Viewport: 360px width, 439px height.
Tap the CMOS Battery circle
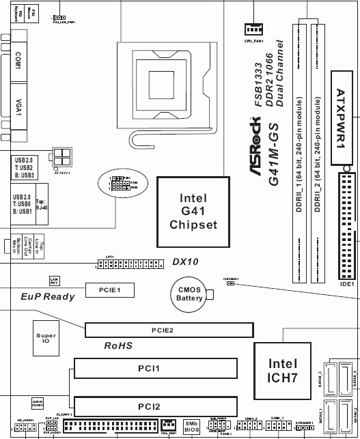(x=189, y=294)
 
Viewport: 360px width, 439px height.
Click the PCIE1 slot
(x=109, y=289)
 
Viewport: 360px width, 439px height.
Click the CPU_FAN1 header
(x=253, y=29)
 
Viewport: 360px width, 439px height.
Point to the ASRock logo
(x=262, y=154)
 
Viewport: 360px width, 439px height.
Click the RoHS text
(x=117, y=346)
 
